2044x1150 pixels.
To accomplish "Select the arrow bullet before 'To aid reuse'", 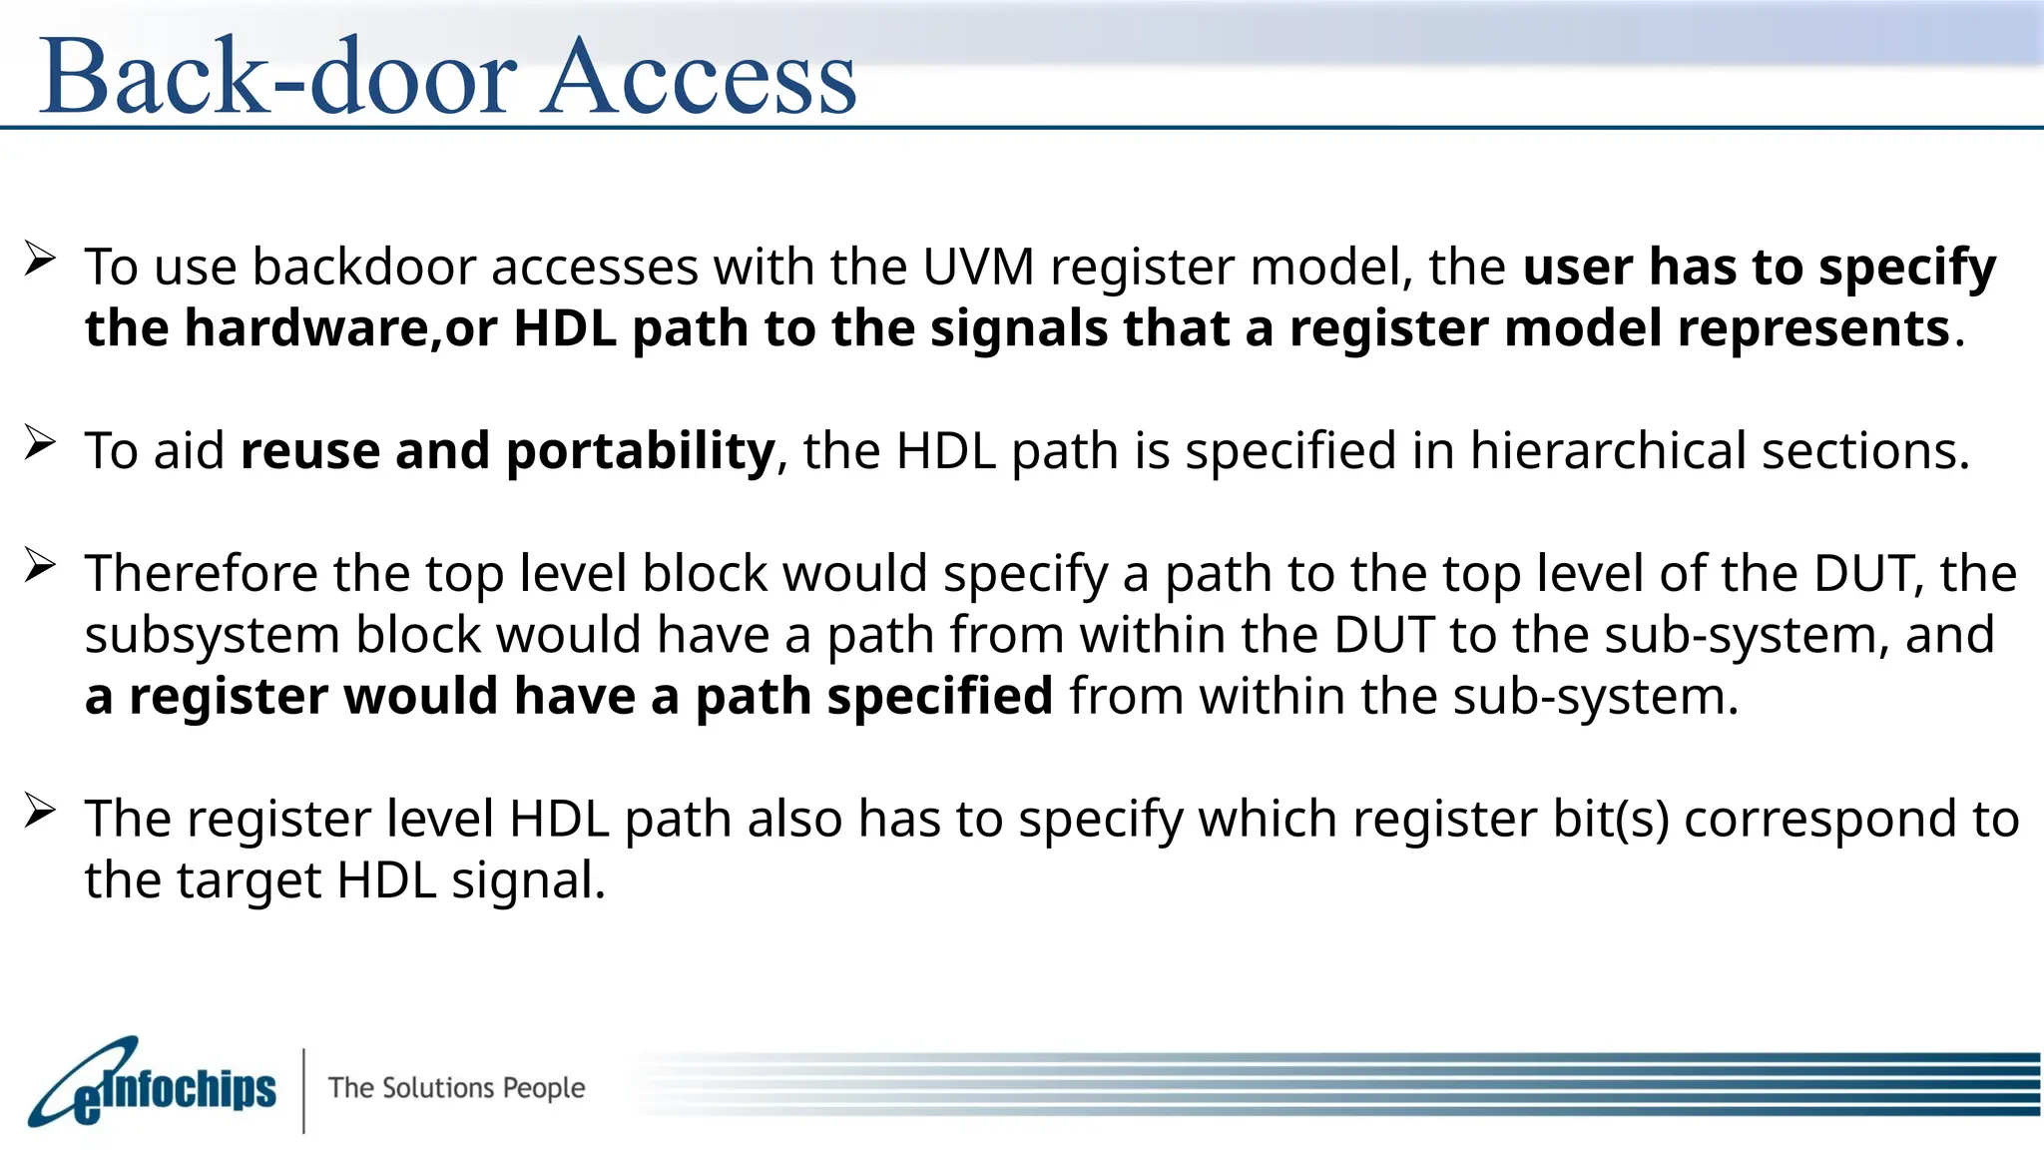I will [39, 442].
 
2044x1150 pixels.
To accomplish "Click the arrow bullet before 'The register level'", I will [39, 811].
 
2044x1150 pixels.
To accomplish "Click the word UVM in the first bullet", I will [978, 267].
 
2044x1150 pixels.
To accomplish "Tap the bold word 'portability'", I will [640, 451].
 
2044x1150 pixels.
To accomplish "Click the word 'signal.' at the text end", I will [528, 881].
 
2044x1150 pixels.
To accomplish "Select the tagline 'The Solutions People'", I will [456, 1087].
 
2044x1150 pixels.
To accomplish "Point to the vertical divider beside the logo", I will [303, 1090].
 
